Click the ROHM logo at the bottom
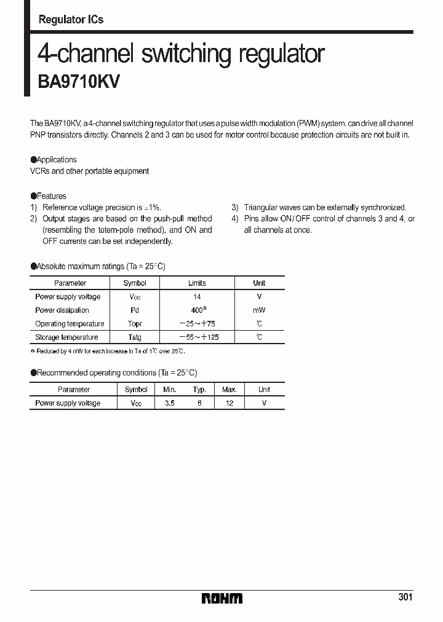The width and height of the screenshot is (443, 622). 222,598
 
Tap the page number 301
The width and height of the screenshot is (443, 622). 405,597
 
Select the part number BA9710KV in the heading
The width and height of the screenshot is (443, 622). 79,83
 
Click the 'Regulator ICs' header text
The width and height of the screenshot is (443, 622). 71,20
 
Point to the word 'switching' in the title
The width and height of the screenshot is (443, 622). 188,54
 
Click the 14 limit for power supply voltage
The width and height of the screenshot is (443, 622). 197,297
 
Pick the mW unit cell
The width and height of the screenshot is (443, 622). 259,310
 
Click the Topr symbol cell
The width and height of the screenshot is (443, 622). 135,324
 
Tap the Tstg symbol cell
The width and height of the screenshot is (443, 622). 135,337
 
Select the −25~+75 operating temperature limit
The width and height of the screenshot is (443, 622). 197,324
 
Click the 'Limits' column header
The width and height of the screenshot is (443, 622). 197,283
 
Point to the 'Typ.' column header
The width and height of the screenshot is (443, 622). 199,390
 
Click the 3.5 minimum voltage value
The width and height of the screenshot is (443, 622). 169,403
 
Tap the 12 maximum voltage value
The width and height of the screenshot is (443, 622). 229,403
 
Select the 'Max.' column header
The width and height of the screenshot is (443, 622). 229,390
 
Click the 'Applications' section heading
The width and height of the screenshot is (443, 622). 56,159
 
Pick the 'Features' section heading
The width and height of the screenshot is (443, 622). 51,196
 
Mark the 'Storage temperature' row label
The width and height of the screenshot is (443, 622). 66,337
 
